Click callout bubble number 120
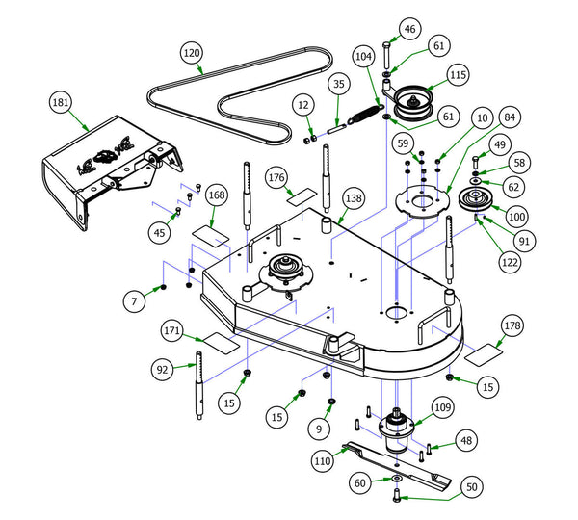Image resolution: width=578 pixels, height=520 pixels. pyautogui.click(x=191, y=52)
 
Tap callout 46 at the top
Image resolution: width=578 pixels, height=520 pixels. pyautogui.click(x=408, y=30)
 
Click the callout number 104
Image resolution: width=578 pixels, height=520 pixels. pyautogui.click(x=363, y=58)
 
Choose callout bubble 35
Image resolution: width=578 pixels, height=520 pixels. pyautogui.click(x=339, y=85)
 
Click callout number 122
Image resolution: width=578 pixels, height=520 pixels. pyautogui.click(x=510, y=260)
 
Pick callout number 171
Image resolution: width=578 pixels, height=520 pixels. pyautogui.click(x=172, y=331)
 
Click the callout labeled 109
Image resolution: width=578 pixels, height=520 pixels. pyautogui.click(x=442, y=408)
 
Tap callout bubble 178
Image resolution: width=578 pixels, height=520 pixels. pyautogui.click(x=512, y=325)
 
